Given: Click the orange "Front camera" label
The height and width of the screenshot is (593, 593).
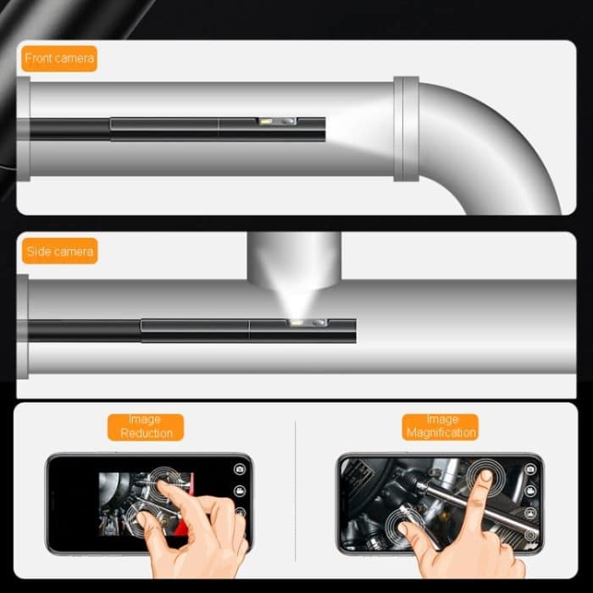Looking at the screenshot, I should coord(59,58).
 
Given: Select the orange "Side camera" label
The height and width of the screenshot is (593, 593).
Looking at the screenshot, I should coord(59,252).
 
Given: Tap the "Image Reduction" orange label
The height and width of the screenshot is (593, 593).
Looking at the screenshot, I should coord(145,426).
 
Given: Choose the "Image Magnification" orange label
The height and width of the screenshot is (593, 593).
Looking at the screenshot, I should coord(441,426).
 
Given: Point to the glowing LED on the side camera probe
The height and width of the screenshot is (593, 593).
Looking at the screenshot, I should coord(297,323).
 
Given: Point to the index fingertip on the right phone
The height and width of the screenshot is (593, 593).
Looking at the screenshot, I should coord(484,477).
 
